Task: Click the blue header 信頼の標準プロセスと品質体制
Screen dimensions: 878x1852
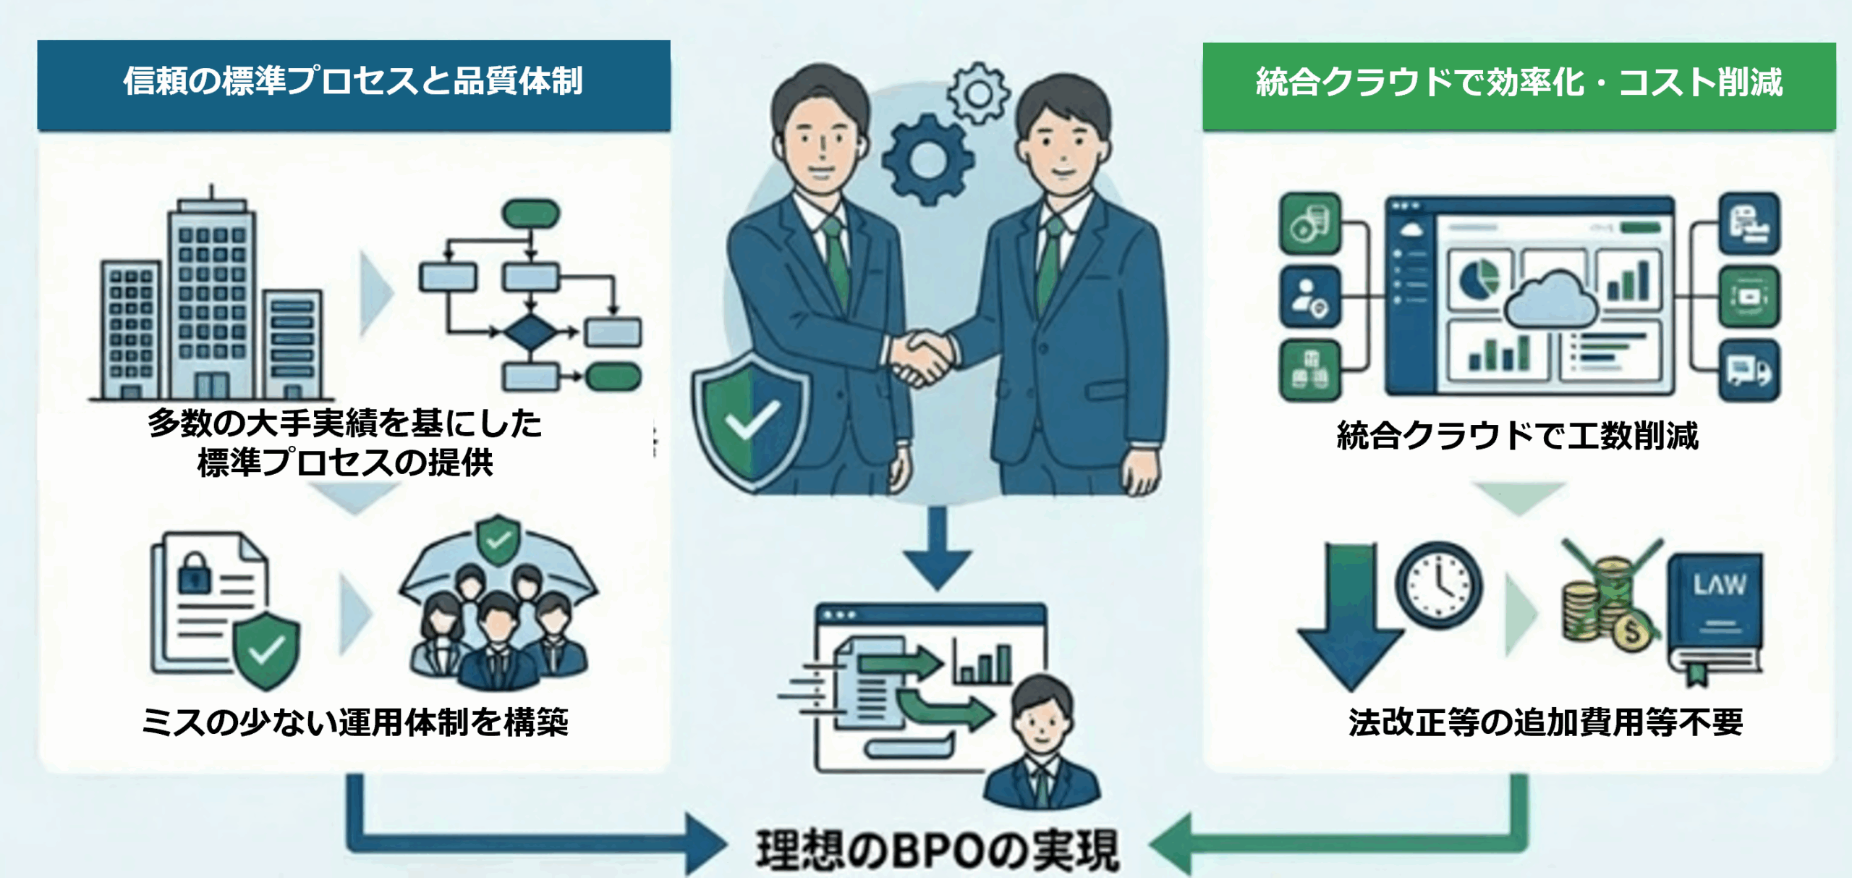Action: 353,83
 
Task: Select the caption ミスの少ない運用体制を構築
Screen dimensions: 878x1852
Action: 354,722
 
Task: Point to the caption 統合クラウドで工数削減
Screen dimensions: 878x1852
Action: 1517,436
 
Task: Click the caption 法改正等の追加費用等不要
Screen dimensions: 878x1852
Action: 1545,722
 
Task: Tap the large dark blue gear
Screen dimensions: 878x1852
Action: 928,161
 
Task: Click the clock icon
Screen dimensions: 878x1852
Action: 1439,585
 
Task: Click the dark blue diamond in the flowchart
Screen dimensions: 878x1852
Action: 530,333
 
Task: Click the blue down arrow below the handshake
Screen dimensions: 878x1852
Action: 937,550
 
